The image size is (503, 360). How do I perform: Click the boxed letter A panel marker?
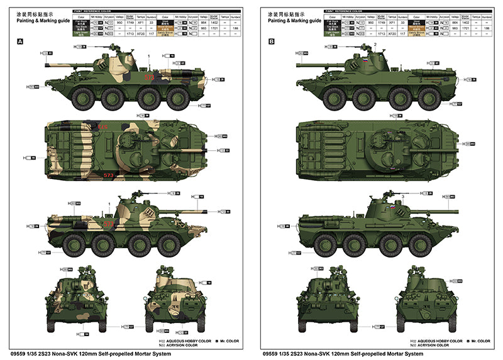click(20, 42)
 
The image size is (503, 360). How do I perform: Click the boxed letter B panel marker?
click(272, 42)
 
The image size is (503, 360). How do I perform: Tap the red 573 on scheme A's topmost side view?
click(149, 77)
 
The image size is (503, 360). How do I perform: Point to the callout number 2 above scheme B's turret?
click(375, 43)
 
